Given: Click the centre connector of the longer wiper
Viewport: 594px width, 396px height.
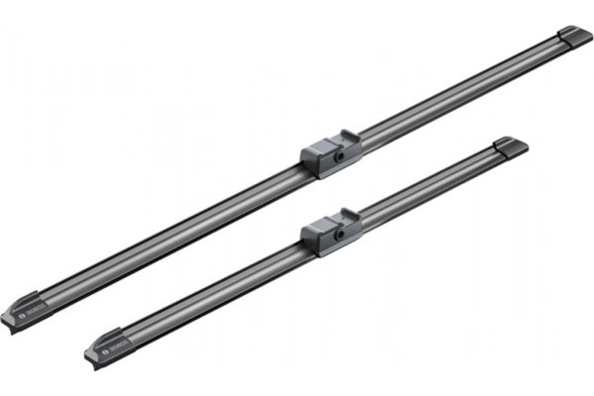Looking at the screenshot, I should coord(331,153).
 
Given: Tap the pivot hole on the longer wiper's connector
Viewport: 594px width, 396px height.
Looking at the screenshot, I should coord(340,155).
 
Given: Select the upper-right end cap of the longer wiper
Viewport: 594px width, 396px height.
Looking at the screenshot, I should coord(574,37).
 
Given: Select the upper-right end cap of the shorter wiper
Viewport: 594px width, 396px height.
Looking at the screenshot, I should coord(510,147).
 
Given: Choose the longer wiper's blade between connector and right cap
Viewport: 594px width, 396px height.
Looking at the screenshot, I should coord(455,94).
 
